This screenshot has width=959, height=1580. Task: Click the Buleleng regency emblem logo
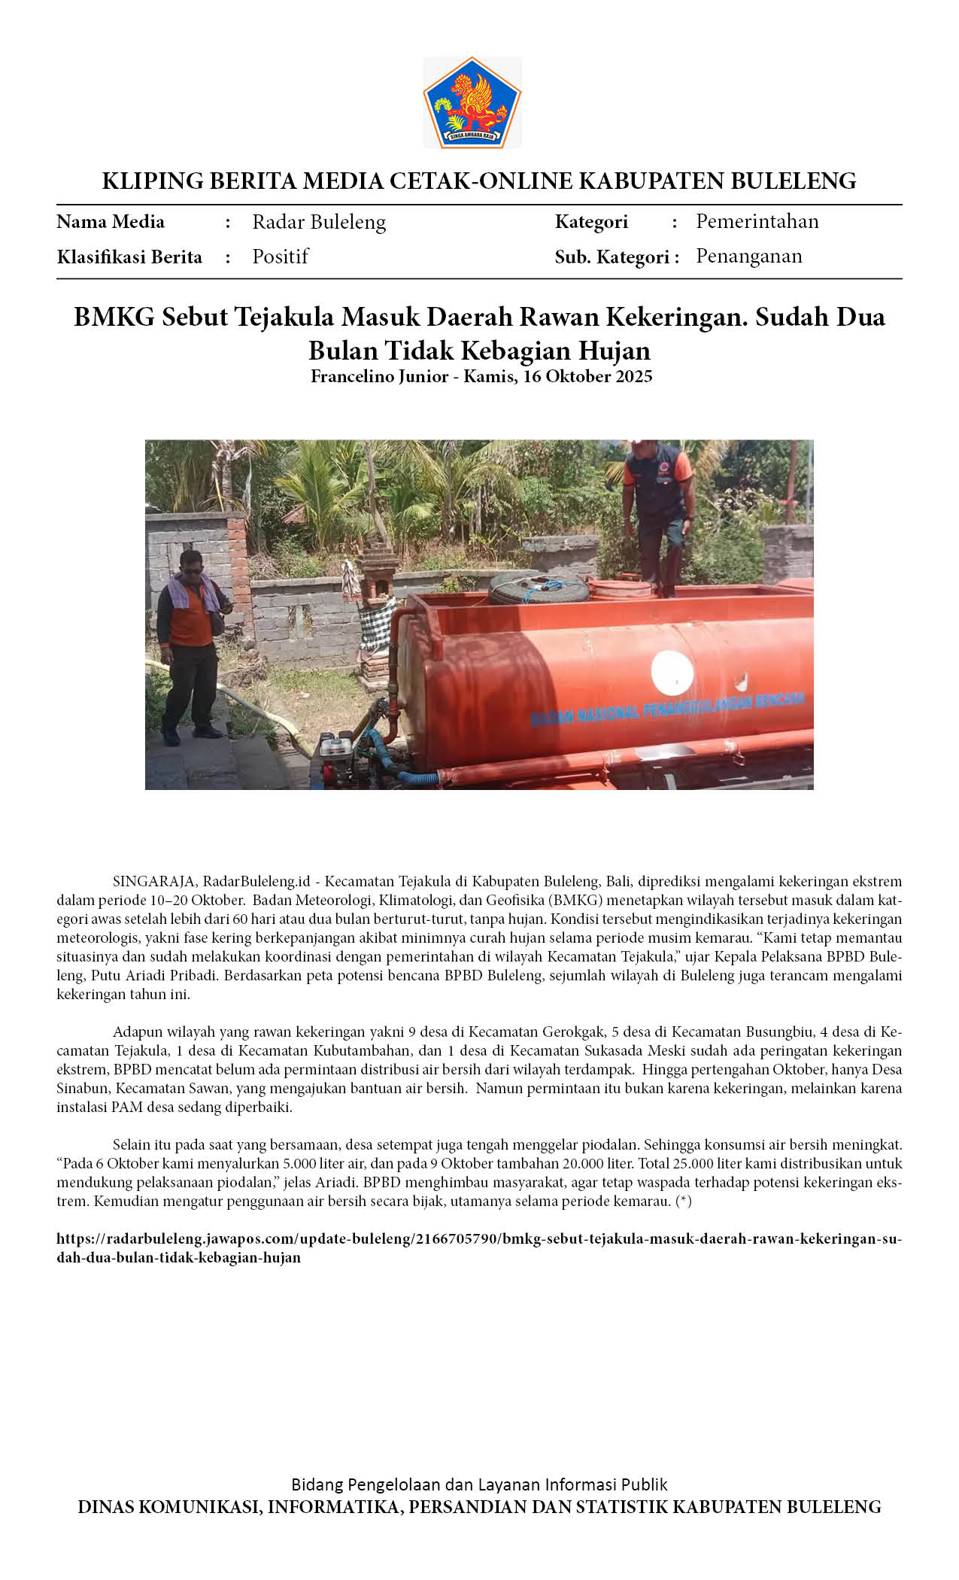[x=472, y=102]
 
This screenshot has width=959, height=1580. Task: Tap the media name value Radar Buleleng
[x=319, y=222]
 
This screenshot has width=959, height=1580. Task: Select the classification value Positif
[x=280, y=257]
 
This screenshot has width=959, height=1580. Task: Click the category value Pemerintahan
[x=757, y=221]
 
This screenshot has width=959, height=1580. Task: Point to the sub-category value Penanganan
[x=748, y=256]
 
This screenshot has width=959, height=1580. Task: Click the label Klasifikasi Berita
[x=129, y=257]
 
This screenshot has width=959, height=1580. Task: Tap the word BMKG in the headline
[x=114, y=317]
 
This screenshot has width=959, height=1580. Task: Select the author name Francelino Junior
[x=379, y=376]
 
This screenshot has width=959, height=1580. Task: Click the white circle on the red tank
[x=672, y=672]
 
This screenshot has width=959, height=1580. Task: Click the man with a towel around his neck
[x=190, y=640]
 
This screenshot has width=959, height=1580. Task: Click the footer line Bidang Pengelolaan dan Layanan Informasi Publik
[x=479, y=1484]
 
